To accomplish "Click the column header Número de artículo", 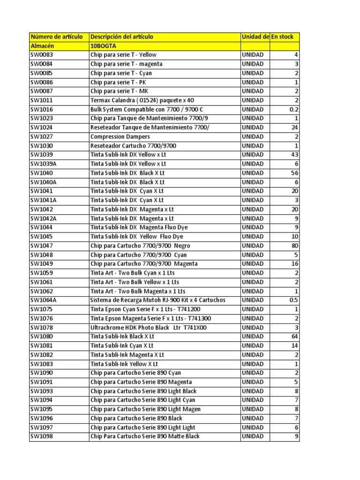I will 57,37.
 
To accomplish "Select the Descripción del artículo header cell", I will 122,37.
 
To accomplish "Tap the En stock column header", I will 282,37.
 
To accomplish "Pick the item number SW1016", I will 42,110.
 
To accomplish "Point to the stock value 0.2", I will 294,110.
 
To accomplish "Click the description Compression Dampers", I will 120,137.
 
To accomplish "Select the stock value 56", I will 295,173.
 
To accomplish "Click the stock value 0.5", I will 294,300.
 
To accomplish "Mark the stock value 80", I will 295,246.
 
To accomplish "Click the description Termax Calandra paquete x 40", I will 142,100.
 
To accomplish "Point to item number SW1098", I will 42,436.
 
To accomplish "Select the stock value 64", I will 295,337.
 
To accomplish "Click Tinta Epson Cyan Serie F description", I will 145,309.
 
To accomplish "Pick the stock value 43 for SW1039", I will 295,155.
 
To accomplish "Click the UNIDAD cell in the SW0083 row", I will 253,55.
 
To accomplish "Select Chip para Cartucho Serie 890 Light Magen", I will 145,409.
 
